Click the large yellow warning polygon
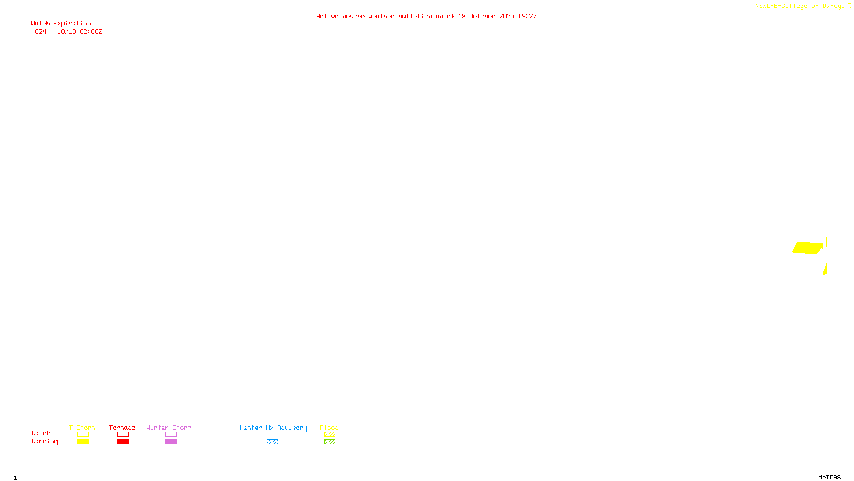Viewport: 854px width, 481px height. tap(808, 248)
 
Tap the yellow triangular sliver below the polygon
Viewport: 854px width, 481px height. tap(825, 269)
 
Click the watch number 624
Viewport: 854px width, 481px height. tap(41, 32)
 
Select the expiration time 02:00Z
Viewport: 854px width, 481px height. tap(91, 32)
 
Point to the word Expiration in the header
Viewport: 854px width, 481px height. tap(72, 24)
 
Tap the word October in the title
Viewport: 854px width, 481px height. tap(482, 17)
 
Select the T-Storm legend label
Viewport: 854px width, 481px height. tap(82, 428)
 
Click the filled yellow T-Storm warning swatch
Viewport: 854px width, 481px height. tap(83, 442)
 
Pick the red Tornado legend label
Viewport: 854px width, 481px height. tap(122, 428)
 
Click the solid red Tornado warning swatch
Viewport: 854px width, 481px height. tap(123, 442)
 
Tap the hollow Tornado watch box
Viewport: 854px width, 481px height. tap(123, 435)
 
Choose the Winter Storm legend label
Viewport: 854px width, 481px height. tap(169, 428)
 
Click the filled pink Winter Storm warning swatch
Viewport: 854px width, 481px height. tap(171, 442)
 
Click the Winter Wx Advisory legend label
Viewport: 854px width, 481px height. tap(273, 428)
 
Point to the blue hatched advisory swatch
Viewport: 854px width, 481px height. tap(272, 442)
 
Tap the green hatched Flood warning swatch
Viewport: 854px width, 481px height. tap(329, 442)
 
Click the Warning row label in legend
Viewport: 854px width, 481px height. tap(44, 441)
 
